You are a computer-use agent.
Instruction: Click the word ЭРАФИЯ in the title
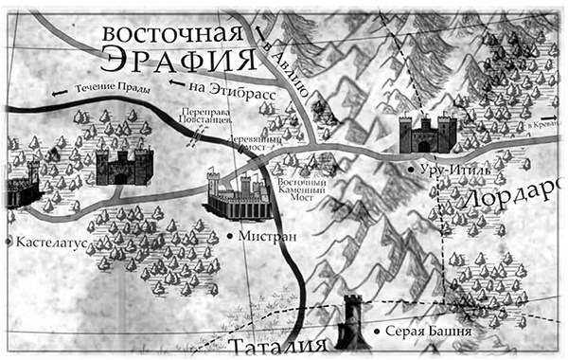click(179, 60)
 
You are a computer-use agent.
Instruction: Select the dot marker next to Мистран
click(231, 235)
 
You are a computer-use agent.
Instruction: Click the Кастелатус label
click(52, 242)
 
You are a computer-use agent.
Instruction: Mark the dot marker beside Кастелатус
click(9, 242)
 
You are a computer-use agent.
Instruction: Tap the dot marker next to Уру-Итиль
click(410, 169)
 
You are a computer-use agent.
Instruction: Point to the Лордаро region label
click(516, 197)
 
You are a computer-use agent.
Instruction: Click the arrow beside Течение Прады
click(60, 92)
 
